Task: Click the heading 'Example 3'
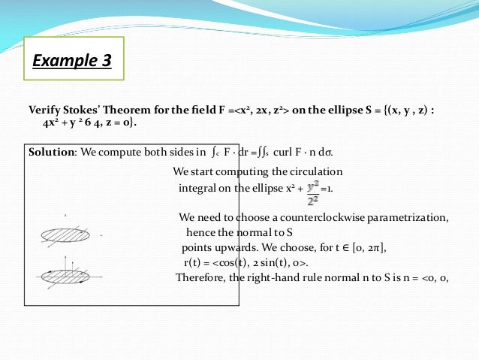[72, 60]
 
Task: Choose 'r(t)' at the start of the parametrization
[196, 262]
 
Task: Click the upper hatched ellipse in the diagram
[65, 235]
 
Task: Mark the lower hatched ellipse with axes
[65, 275]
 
